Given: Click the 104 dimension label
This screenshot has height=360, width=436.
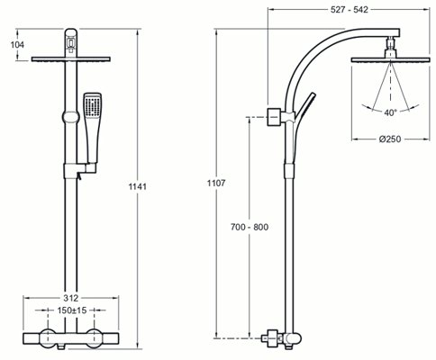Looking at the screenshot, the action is [17, 45].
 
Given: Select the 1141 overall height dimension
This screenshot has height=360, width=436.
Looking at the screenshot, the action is [138, 186].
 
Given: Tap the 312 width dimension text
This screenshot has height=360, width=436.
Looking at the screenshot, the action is [71, 298].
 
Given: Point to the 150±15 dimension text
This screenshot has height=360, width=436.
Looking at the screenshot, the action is [72, 310].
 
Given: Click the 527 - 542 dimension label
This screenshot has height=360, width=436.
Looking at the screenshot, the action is [350, 10].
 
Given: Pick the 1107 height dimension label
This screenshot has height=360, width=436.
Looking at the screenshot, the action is [216, 183].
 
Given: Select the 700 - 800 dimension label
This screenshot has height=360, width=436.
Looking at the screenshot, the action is [250, 227].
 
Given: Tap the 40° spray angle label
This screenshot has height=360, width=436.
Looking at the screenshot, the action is [390, 112].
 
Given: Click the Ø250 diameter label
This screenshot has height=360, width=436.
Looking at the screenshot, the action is [390, 139].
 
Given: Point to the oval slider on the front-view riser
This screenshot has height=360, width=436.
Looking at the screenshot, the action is [71, 117].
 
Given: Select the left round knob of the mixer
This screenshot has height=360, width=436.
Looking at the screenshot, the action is [48, 338].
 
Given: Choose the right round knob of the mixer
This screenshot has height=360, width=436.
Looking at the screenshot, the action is [95, 338].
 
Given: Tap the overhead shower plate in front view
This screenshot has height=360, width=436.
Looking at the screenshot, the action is [71, 59].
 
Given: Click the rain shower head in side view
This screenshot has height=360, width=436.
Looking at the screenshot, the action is [390, 59].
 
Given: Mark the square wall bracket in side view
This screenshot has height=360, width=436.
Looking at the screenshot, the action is [275, 116].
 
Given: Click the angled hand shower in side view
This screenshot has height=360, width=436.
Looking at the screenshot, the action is [304, 105].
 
